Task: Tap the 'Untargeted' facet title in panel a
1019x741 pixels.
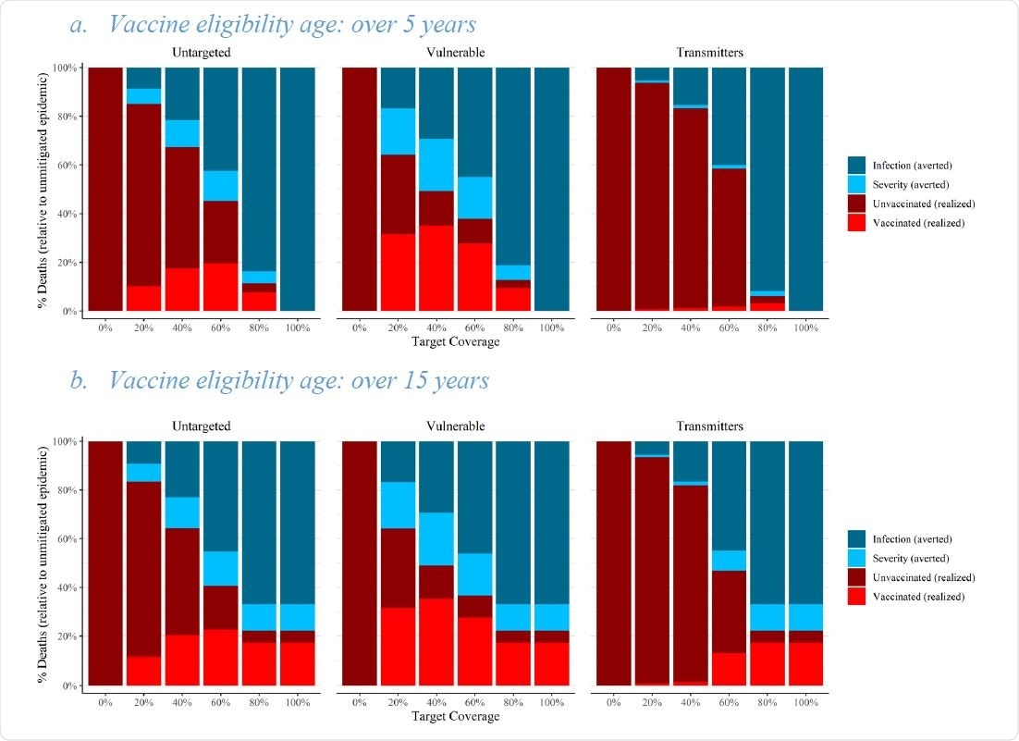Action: coord(201,53)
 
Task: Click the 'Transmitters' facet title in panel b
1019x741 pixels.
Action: coord(709,426)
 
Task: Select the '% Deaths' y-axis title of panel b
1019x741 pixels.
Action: coord(43,562)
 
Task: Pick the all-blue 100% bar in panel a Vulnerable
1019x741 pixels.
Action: coord(551,190)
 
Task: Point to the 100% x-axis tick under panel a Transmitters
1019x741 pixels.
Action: coord(805,327)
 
